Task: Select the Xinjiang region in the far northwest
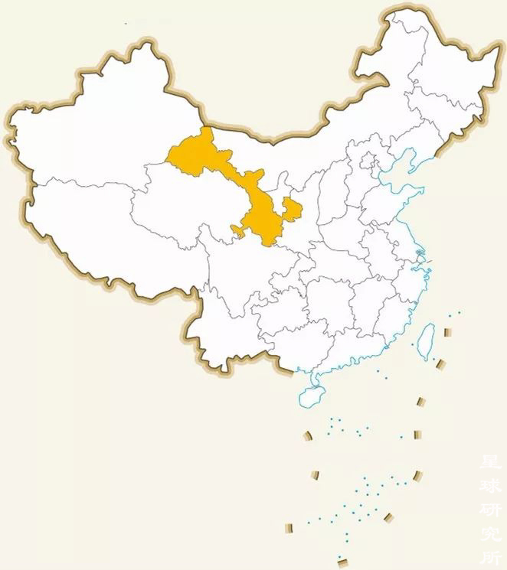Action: point(84,130)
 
